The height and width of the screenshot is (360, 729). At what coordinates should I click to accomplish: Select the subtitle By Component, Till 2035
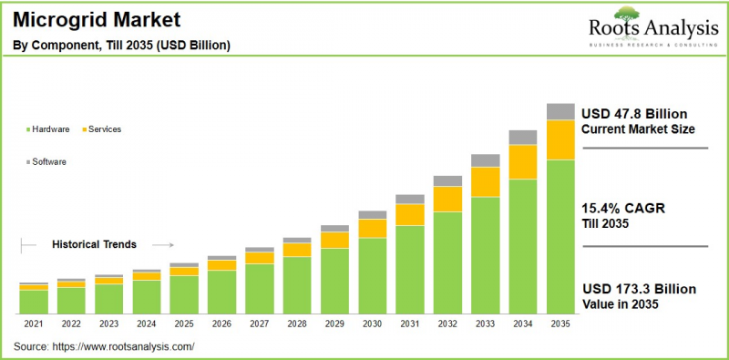tap(121, 45)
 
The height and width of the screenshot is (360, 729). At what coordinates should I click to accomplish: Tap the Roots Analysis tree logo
tap(626, 15)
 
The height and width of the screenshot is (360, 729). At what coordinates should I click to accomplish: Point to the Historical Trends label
tap(94, 244)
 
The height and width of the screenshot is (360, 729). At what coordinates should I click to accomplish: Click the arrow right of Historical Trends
tap(162, 244)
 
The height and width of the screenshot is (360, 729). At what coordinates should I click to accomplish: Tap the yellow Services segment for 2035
tap(560, 139)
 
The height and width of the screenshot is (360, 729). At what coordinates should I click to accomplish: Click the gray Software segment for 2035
tap(560, 111)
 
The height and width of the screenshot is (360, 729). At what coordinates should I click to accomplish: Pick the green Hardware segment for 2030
tap(372, 274)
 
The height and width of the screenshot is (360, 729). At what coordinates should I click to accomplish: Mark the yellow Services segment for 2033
tap(485, 181)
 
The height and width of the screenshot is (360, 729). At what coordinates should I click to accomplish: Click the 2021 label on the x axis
tap(34, 324)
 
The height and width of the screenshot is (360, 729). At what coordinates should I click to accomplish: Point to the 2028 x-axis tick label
tap(297, 324)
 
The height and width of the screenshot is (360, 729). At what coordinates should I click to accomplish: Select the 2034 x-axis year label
tap(522, 324)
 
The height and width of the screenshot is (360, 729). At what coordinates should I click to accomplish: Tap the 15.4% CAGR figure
tap(623, 208)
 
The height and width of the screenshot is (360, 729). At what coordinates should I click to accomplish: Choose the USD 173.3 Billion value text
tap(640, 289)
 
